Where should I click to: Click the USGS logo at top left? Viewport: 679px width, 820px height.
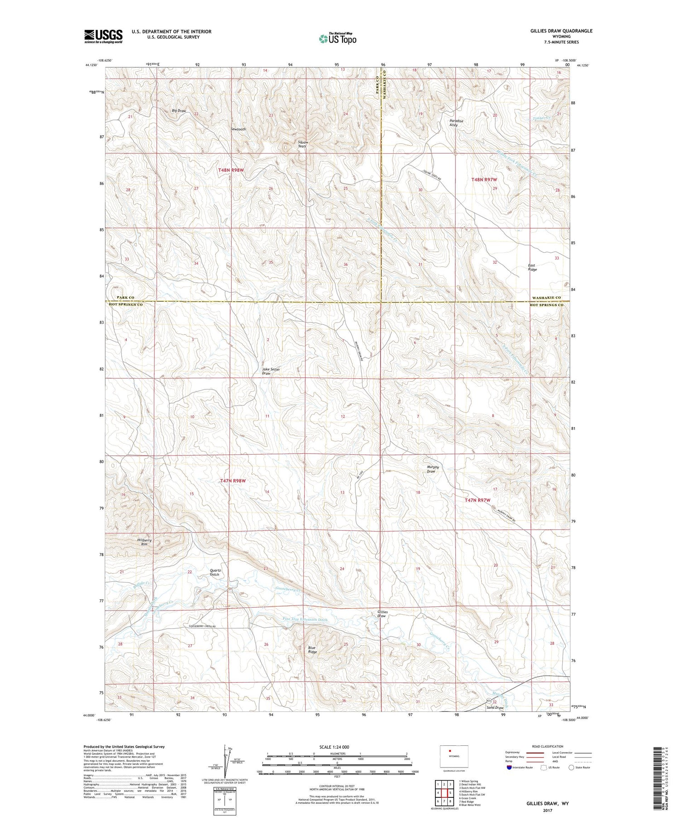(x=103, y=36)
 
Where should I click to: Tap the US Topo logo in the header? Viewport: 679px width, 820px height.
(x=337, y=39)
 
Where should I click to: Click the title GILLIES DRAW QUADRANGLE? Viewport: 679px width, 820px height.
(x=555, y=31)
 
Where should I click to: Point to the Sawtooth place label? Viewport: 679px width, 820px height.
(x=238, y=129)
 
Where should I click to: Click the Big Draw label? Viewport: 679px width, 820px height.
(x=179, y=111)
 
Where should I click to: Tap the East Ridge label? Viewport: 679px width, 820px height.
(x=532, y=267)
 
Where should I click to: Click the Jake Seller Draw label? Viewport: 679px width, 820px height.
(x=271, y=371)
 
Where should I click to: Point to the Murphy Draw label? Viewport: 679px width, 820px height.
(x=433, y=469)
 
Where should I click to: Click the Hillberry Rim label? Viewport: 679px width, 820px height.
(x=144, y=542)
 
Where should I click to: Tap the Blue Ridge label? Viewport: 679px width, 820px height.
(x=312, y=649)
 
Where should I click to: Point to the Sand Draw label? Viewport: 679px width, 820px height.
(x=495, y=707)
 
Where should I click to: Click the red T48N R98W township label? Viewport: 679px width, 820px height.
(x=231, y=170)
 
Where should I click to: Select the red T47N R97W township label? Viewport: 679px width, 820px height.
(x=478, y=500)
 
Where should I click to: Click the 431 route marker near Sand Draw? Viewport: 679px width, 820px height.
(x=483, y=701)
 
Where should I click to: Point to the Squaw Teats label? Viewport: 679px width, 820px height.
(x=302, y=144)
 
